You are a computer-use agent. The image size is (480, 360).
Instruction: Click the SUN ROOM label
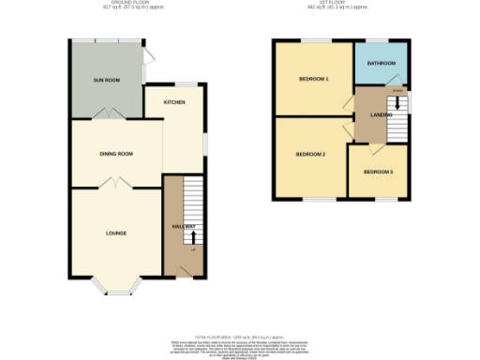tap(105, 81)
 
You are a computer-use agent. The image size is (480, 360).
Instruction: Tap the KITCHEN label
tap(174, 101)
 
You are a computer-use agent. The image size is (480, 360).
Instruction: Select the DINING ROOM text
tap(117, 154)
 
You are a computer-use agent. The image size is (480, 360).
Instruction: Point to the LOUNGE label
tap(116, 232)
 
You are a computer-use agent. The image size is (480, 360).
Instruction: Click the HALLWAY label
tap(184, 227)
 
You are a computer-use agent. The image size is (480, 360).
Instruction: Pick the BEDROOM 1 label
tap(313, 79)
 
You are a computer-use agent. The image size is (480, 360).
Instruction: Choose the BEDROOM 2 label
tap(310, 154)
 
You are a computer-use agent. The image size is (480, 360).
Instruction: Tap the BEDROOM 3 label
tap(378, 172)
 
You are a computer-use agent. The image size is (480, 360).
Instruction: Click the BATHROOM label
tap(382, 63)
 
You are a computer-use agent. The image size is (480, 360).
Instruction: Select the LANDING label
tap(382, 114)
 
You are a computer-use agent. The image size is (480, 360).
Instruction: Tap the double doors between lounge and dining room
tap(116, 183)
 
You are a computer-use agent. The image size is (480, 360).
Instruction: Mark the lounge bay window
tap(116, 288)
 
